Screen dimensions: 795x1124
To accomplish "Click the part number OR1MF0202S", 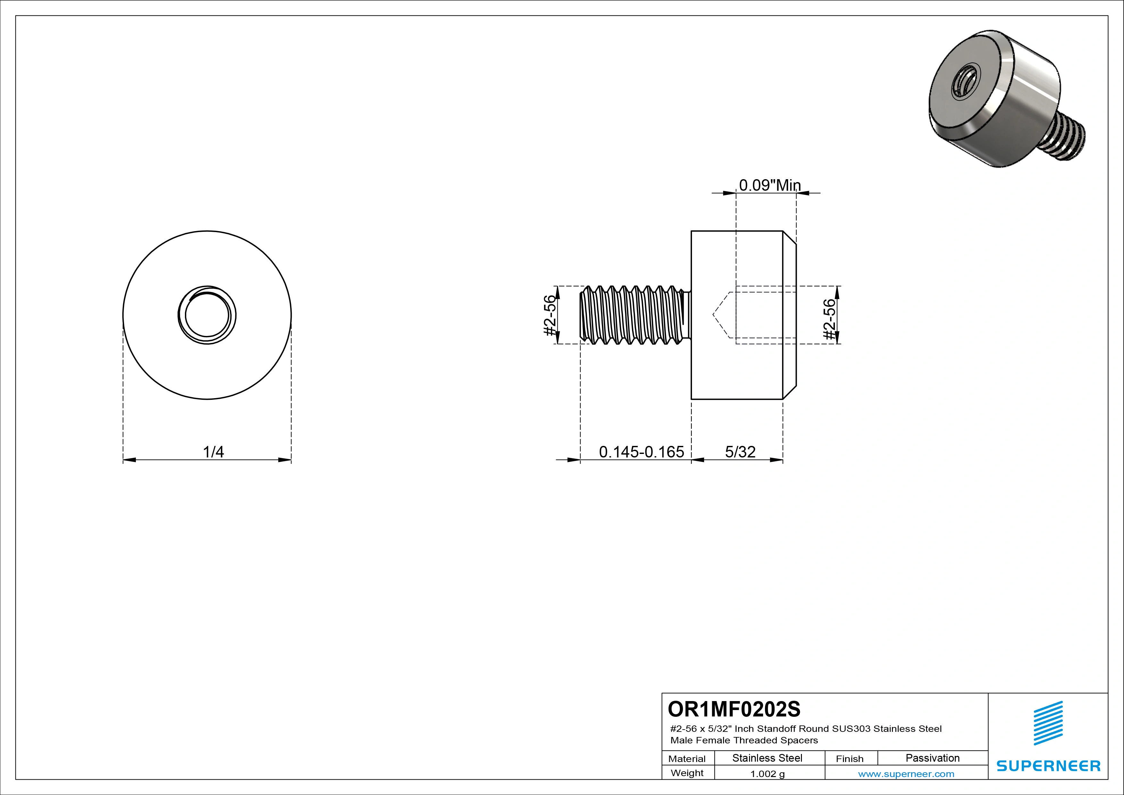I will [x=734, y=708].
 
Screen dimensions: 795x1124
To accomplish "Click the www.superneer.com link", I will [x=906, y=774].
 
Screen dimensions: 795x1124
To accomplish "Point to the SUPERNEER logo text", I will [x=1048, y=766].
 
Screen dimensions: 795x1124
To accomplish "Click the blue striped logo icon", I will [x=1048, y=724].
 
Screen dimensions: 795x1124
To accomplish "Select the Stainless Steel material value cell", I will [x=767, y=758].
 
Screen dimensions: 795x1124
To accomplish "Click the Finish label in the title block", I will [x=849, y=759].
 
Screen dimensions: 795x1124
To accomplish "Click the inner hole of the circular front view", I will [x=207, y=315].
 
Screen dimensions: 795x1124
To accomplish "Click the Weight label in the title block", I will [x=687, y=773].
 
